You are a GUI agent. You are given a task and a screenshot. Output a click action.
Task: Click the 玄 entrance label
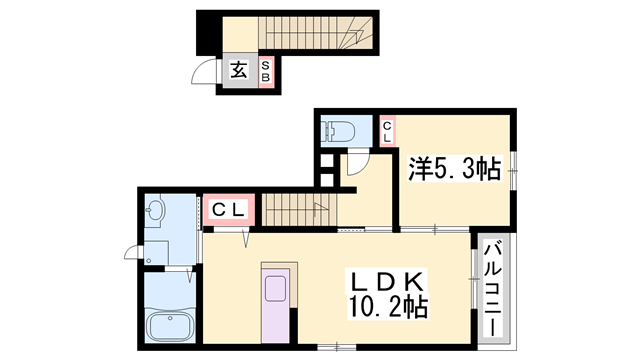tap(240, 70)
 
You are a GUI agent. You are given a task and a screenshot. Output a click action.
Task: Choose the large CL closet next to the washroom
tap(231, 210)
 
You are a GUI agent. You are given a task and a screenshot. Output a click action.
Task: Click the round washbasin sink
tap(155, 211)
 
